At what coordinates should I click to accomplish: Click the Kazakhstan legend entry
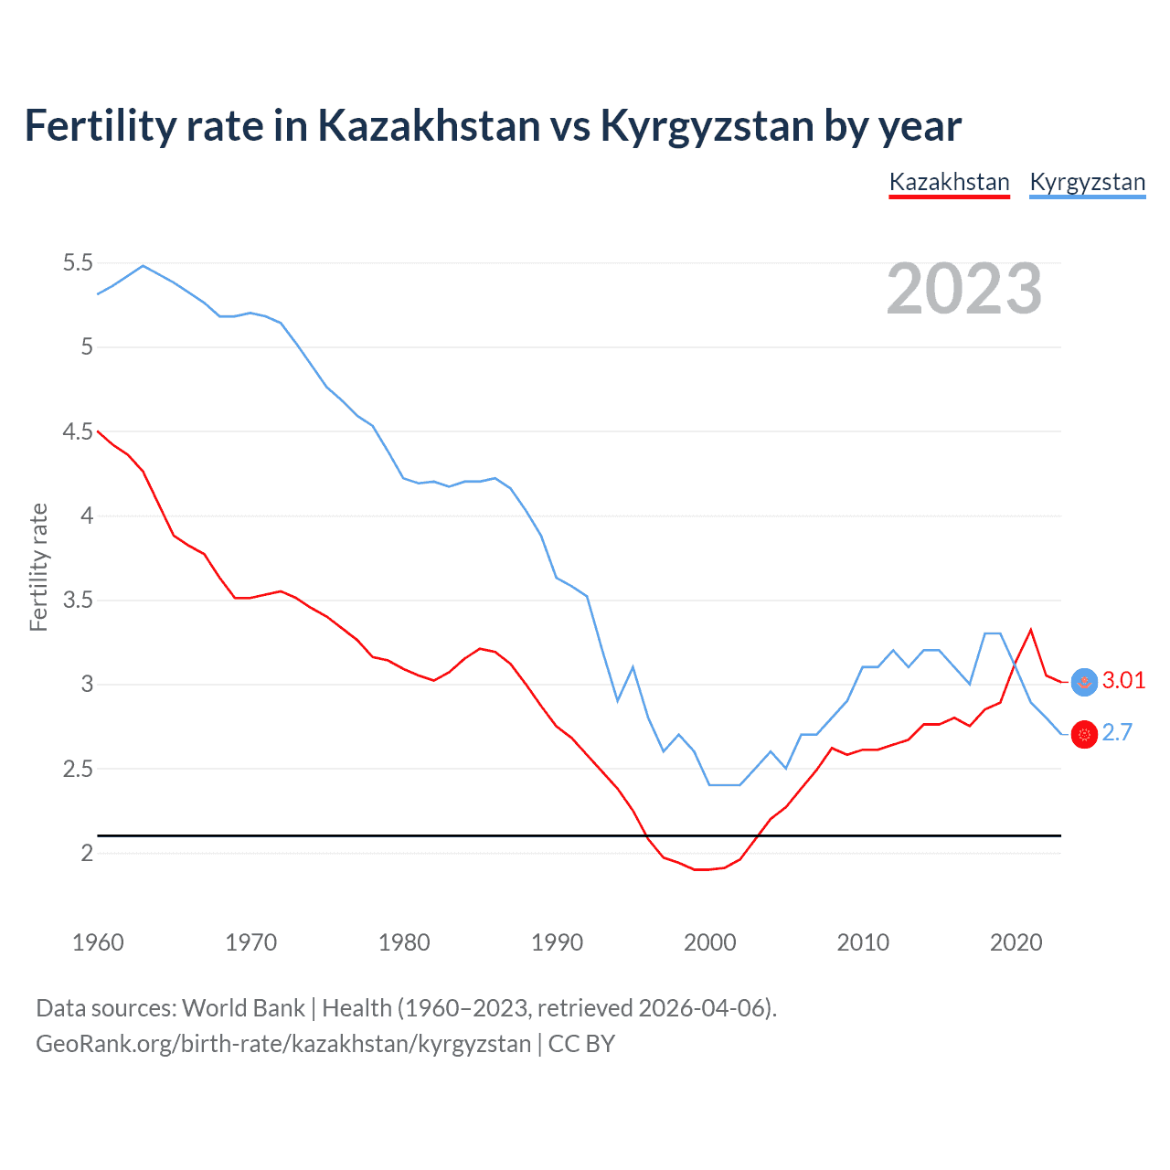949,182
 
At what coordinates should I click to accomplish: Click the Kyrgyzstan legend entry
1087,182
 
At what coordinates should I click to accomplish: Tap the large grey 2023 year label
964,289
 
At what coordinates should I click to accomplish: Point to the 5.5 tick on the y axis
78,263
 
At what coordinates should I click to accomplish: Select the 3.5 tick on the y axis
78,601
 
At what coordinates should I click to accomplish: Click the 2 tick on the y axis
88,854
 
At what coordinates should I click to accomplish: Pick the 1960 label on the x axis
98,942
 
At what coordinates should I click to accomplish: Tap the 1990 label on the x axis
557,942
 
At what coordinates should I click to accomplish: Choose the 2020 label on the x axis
1016,942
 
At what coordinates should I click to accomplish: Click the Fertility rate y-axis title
38,567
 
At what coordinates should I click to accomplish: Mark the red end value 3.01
1123,680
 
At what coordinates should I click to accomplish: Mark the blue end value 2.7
1117,732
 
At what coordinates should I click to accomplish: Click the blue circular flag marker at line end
1084,682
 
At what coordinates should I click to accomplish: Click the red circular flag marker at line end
1084,734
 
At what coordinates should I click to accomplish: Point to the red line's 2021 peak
1031,630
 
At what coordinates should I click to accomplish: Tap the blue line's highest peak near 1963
143,266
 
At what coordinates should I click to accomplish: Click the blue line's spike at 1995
633,667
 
